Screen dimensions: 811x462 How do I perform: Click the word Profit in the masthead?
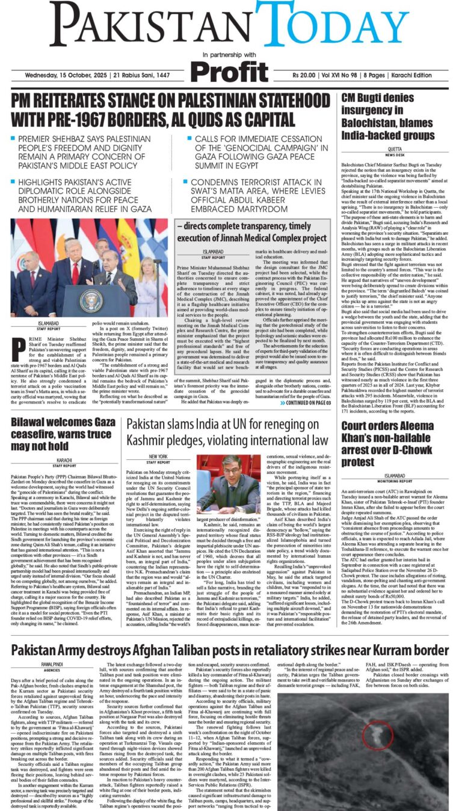click(x=229, y=72)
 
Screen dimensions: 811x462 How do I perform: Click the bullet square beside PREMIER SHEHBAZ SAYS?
click(x=13, y=138)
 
